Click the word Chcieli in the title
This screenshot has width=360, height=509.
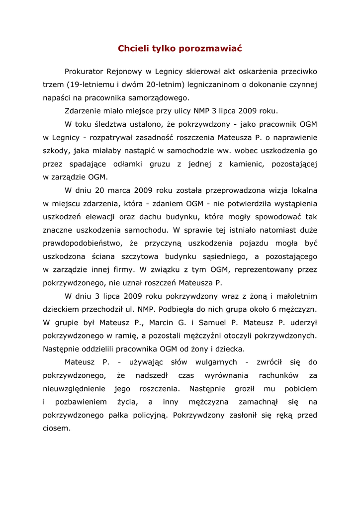click(x=133, y=49)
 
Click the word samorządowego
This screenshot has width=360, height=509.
click(x=162, y=98)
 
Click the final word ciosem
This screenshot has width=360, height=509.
click(x=57, y=428)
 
